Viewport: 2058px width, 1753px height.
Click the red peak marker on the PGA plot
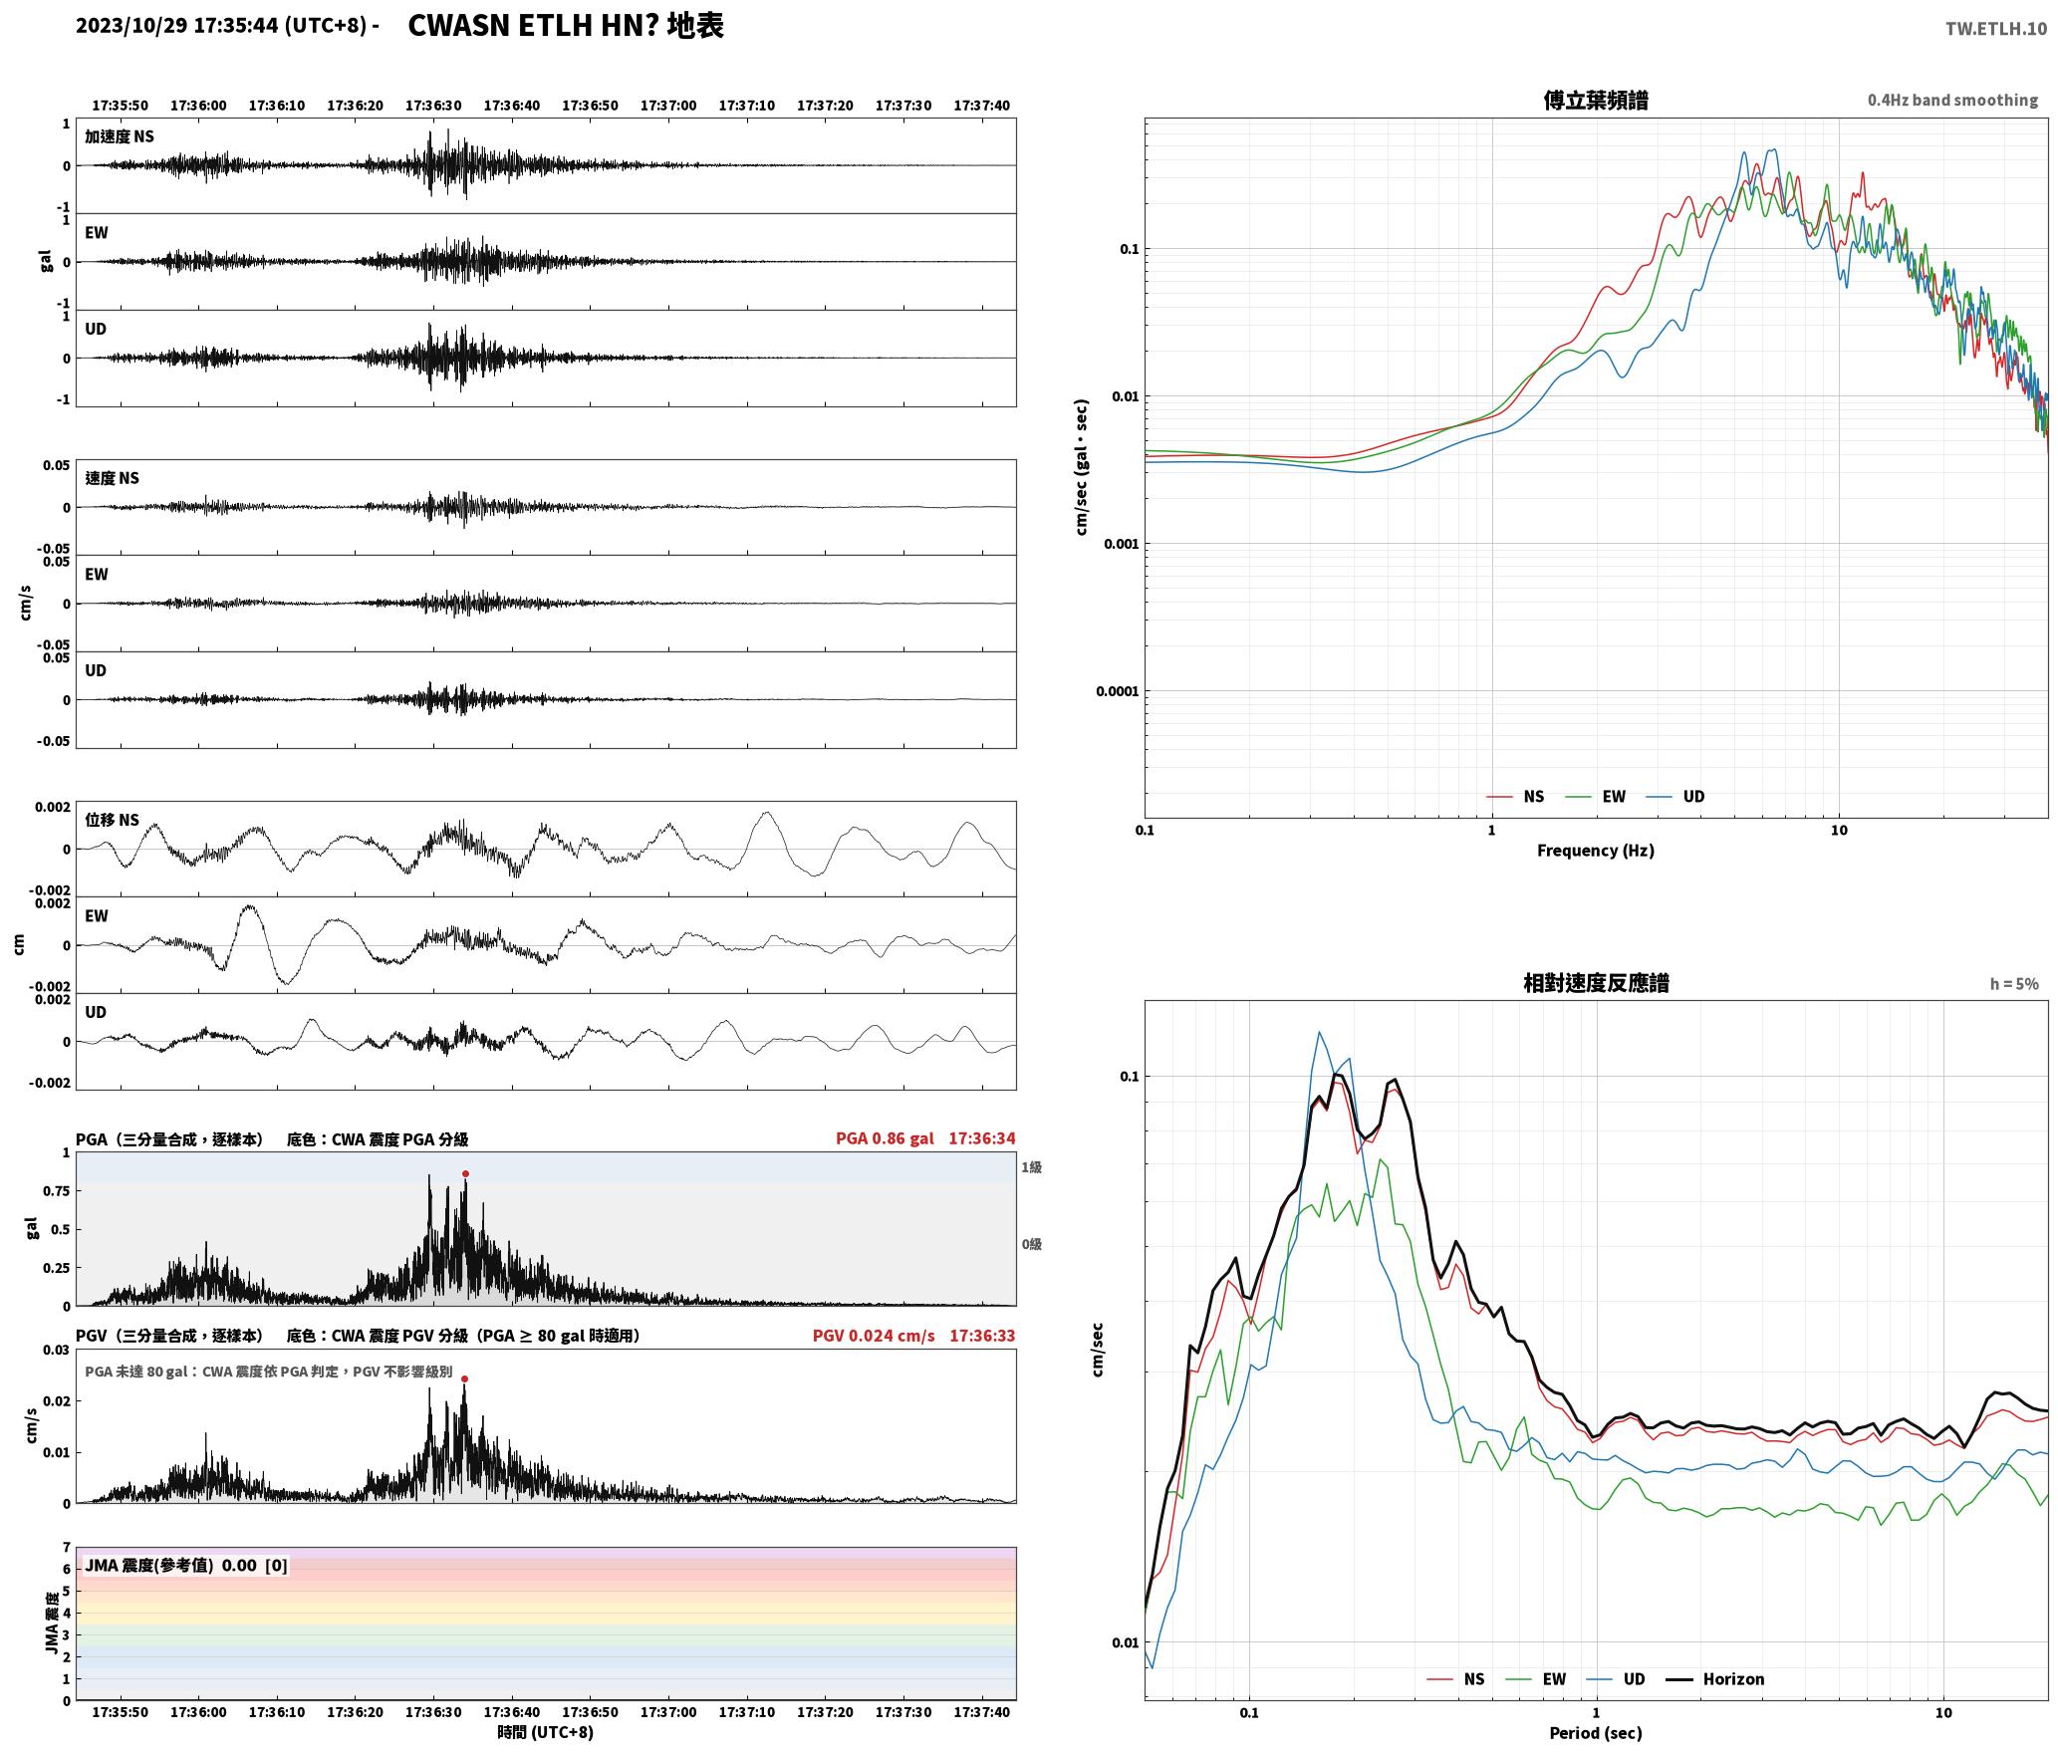point(465,1173)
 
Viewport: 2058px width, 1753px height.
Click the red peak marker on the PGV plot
point(464,1378)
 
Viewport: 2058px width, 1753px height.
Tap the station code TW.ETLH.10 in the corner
point(1996,28)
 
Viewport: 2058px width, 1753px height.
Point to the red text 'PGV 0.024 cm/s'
point(874,1335)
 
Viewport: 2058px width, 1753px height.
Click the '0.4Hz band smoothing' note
point(1952,100)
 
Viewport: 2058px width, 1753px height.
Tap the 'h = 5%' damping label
point(2014,983)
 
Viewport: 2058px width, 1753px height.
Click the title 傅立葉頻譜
point(1596,100)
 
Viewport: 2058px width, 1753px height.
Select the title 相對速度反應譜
point(1596,983)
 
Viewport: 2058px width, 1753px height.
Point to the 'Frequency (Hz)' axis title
point(1596,850)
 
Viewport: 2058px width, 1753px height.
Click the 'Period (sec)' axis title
point(1596,1732)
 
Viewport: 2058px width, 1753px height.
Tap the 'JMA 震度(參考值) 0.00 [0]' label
point(186,1565)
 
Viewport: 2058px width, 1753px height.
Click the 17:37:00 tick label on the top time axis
point(668,105)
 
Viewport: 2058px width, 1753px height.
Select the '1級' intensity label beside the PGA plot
point(1031,1166)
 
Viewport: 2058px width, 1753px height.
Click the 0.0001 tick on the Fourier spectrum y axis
point(1117,691)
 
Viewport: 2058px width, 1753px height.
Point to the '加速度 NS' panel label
point(120,136)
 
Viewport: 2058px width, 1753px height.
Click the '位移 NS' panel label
point(113,820)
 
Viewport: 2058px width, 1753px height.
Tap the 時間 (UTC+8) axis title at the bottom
point(546,1732)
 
